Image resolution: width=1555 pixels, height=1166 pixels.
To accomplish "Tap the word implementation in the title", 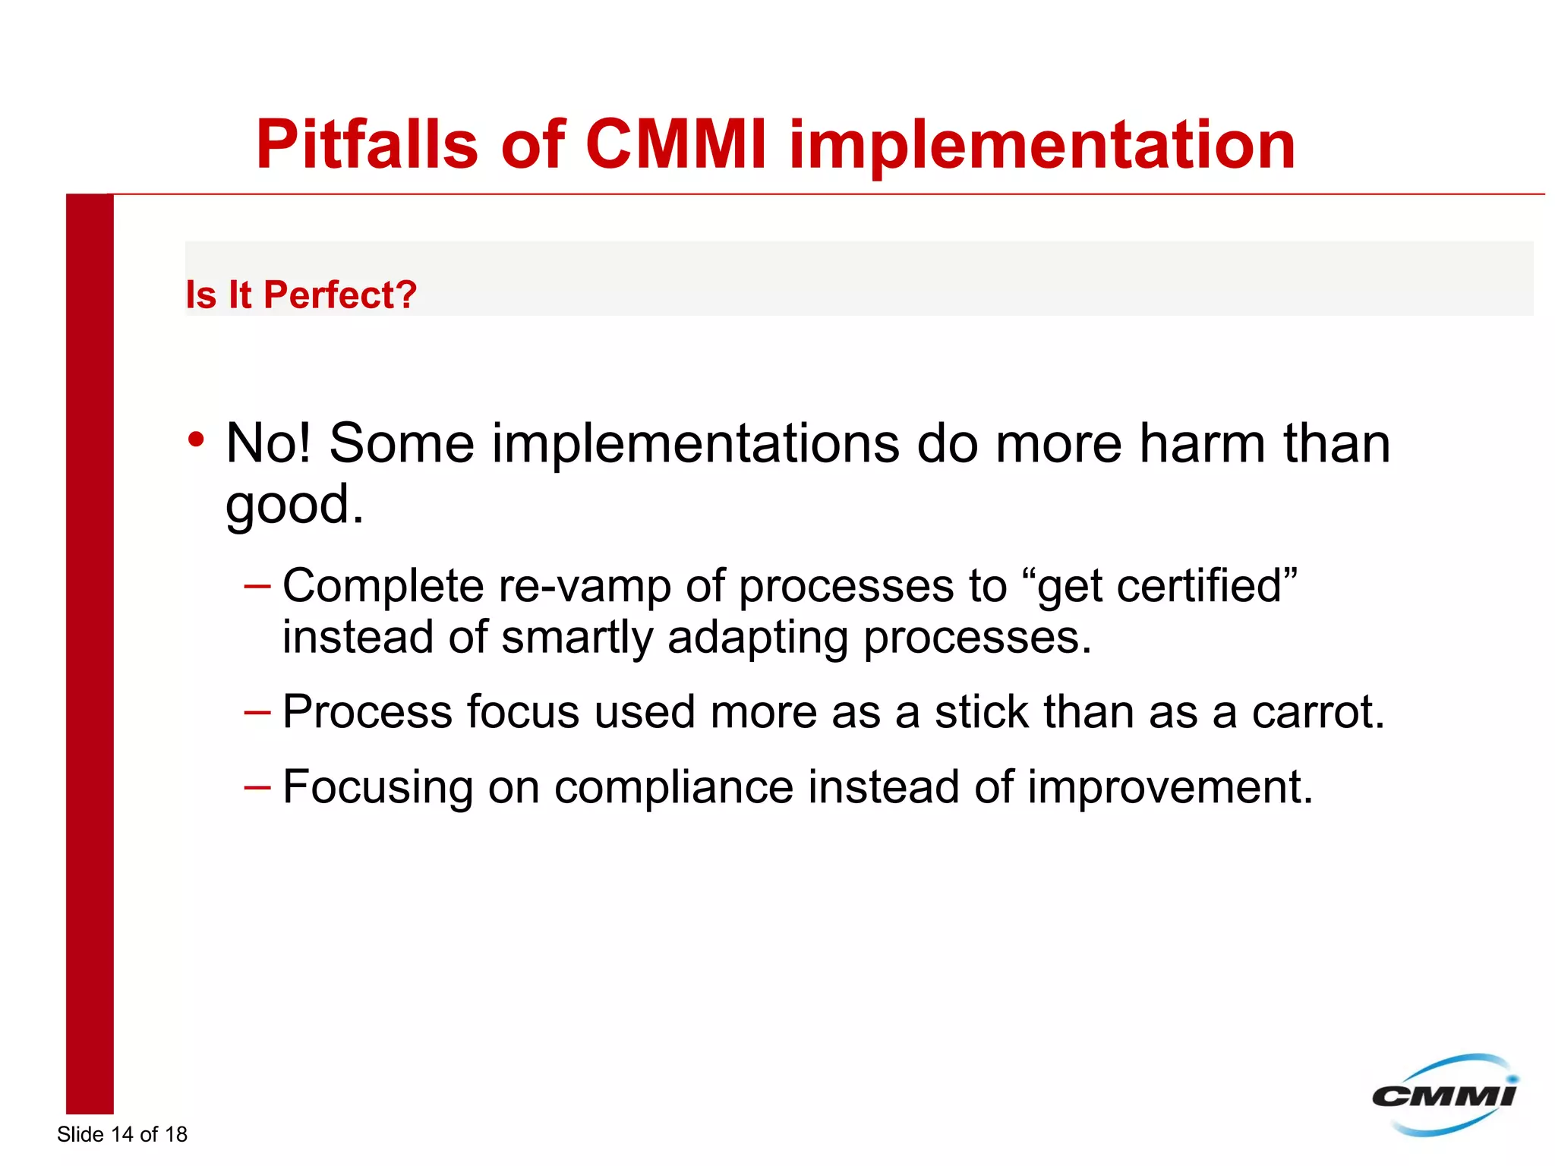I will (1042, 146).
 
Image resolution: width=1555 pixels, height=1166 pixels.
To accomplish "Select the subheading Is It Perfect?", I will (301, 295).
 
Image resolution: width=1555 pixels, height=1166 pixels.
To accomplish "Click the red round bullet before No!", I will (197, 439).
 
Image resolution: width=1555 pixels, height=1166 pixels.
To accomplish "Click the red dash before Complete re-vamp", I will (257, 586).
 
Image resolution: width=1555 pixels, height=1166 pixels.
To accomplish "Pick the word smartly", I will (577, 638).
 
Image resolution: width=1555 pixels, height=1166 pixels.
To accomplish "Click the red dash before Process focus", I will (257, 712).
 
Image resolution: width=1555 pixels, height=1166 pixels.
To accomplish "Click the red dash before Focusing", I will (257, 787).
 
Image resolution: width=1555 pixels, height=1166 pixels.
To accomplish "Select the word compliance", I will (673, 788).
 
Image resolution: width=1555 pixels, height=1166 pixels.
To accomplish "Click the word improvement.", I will (1170, 787).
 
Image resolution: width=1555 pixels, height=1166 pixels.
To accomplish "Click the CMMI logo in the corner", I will (1443, 1095).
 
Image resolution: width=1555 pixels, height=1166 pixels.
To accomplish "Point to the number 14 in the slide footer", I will (121, 1134).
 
